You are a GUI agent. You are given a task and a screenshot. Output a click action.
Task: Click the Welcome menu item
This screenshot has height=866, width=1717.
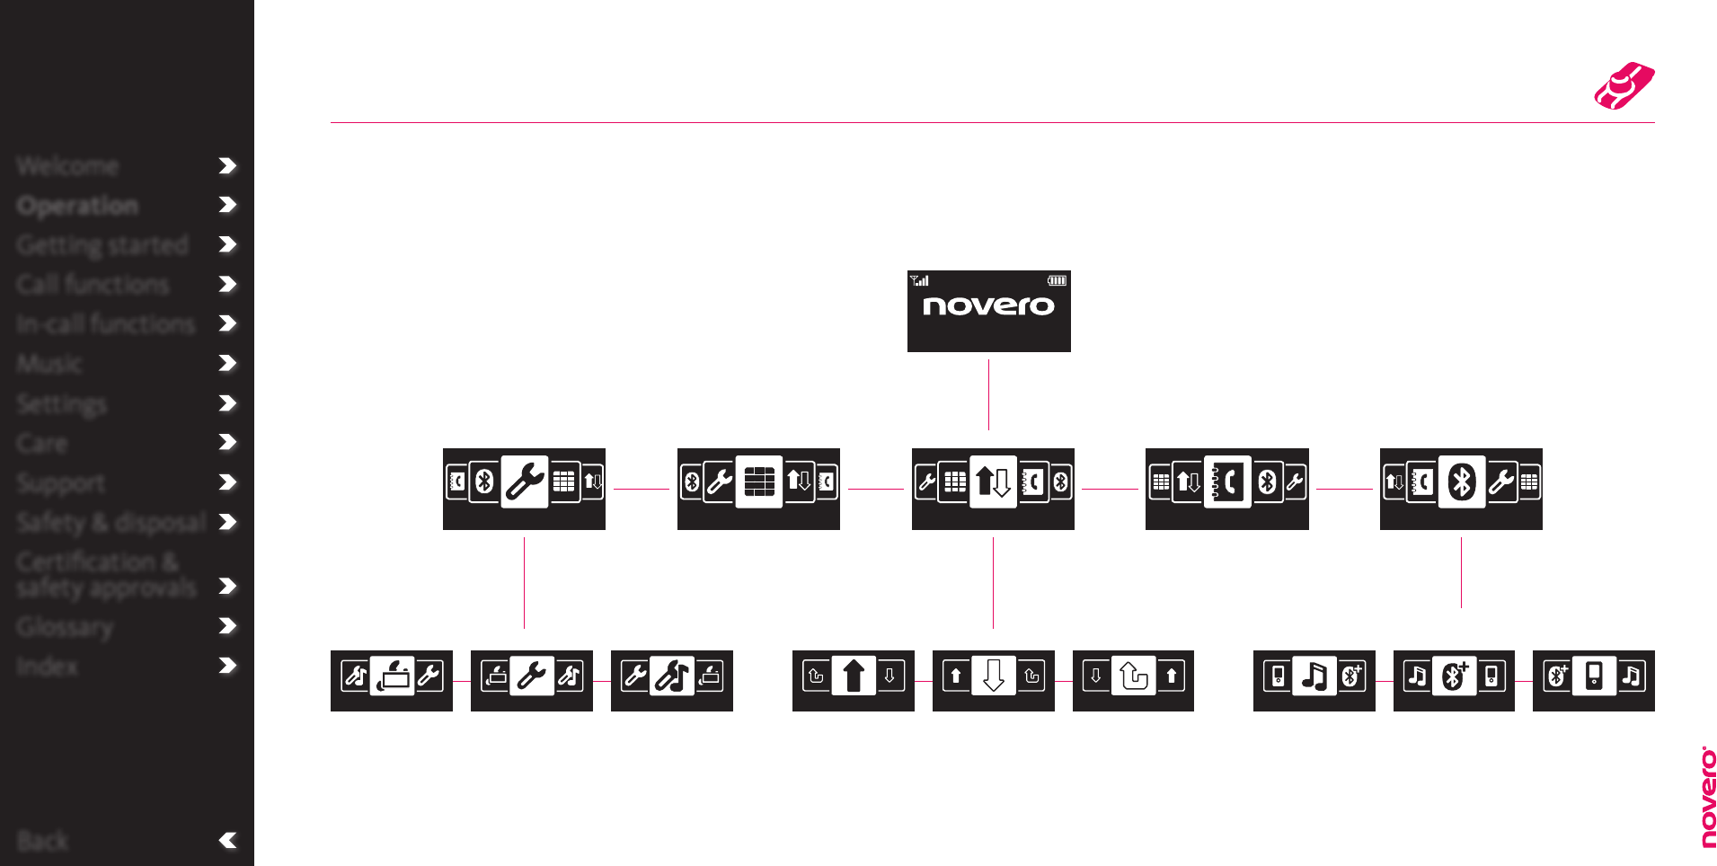tap(67, 166)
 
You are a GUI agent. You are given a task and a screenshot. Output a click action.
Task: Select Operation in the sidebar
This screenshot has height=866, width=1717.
tap(77, 206)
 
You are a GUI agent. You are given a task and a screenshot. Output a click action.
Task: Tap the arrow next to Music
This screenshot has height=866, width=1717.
tap(227, 363)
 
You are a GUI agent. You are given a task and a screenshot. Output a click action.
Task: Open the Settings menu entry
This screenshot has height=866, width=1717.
tap(61, 403)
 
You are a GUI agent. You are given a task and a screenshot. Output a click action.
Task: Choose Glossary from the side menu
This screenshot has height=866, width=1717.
tap(65, 626)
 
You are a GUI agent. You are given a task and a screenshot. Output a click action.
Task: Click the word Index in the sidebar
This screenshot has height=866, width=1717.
tap(47, 666)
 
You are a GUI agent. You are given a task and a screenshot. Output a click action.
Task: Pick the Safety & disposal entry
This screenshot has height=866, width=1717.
tap(111, 522)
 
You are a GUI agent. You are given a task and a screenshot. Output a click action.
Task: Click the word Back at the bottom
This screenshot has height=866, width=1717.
tap(42, 841)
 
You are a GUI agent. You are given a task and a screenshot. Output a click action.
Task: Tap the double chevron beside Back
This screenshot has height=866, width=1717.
tap(227, 841)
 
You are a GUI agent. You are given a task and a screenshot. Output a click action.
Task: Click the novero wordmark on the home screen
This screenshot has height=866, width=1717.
tap(988, 306)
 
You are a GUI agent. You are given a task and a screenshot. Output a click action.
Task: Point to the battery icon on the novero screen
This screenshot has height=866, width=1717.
tap(1057, 281)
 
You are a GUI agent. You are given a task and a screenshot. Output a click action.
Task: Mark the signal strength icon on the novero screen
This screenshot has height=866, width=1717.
tap(919, 281)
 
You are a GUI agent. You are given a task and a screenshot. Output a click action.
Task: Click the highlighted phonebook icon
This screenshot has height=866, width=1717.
tap(1227, 483)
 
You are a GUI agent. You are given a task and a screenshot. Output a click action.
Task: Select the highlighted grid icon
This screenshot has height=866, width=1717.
tap(758, 483)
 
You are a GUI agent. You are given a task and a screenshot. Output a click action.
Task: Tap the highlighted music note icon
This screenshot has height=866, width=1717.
tap(1314, 676)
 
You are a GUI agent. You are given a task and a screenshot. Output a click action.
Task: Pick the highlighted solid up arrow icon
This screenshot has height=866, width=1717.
tap(853, 676)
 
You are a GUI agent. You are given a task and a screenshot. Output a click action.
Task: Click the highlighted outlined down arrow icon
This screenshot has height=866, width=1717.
tap(993, 676)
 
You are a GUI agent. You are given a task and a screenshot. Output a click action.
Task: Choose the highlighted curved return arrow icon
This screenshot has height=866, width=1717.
tap(1133, 676)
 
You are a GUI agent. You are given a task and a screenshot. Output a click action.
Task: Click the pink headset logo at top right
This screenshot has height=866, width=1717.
tap(1624, 86)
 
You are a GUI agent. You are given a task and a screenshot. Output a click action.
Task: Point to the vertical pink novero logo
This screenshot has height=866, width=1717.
tap(1708, 797)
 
